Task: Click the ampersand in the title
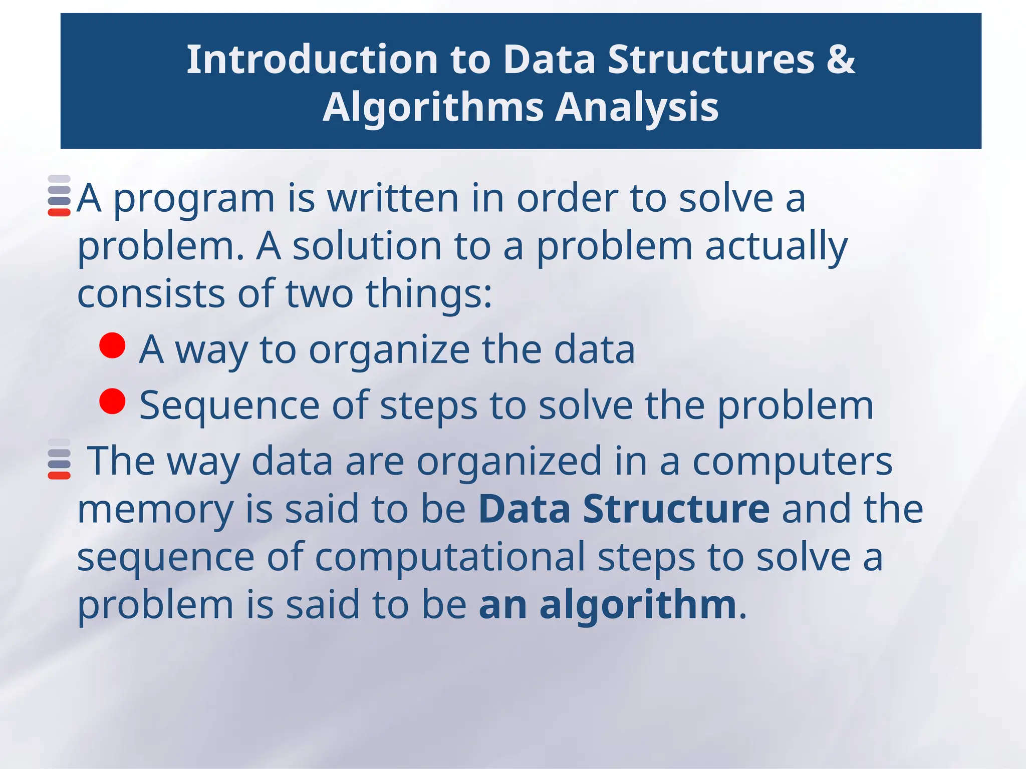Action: point(841,60)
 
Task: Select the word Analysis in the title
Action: point(637,108)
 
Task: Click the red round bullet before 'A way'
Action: point(112,346)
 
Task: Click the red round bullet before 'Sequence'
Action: point(112,401)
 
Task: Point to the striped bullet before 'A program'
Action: point(59,196)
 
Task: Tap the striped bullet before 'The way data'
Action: point(59,459)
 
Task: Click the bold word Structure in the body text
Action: point(676,509)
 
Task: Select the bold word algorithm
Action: point(637,605)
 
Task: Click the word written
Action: point(393,198)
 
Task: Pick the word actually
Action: point(776,246)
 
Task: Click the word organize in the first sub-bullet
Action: point(389,350)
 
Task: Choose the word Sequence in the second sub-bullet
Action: point(229,406)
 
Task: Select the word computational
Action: point(449,557)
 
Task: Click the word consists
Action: point(151,294)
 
